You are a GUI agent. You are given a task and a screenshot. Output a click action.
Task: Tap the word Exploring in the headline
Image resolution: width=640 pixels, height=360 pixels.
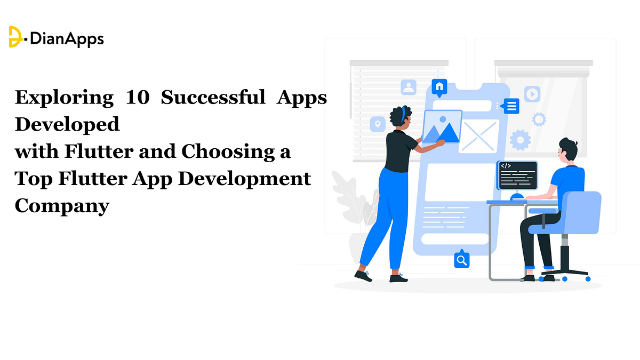click(x=64, y=98)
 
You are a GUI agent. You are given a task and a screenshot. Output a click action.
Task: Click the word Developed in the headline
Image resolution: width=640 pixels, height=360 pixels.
click(x=67, y=125)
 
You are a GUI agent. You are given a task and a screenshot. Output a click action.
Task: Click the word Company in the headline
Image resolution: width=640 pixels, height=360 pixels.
click(x=62, y=205)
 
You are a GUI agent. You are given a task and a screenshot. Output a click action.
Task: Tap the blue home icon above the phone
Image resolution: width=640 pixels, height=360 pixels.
click(x=439, y=87)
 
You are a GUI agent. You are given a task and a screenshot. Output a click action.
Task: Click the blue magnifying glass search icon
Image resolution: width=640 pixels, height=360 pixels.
click(x=461, y=260)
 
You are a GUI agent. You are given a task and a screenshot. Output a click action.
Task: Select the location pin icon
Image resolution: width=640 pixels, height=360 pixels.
click(x=378, y=124)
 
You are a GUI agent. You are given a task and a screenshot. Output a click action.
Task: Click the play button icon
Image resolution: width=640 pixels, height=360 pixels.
click(x=532, y=94)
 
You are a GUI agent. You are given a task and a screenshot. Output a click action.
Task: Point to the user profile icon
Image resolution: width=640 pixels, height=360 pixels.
click(x=409, y=87)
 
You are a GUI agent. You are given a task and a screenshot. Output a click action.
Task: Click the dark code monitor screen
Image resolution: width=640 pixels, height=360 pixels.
click(x=517, y=175)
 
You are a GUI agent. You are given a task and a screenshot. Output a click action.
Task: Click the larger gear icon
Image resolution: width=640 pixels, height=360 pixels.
click(x=520, y=140)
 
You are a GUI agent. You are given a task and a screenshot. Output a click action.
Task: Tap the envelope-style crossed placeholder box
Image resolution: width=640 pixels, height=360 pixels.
click(x=479, y=136)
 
